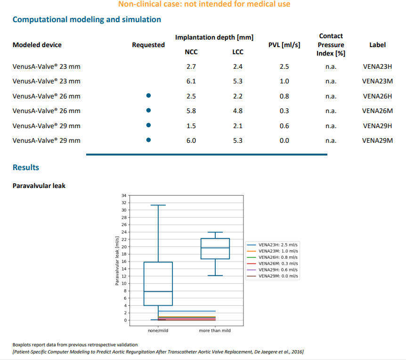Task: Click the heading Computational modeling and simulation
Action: pyautogui.click(x=87, y=20)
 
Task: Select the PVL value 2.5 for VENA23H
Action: pyautogui.click(x=284, y=67)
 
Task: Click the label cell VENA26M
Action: pyautogui.click(x=377, y=111)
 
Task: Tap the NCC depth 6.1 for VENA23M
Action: pyautogui.click(x=191, y=81)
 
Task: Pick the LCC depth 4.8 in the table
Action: pyautogui.click(x=238, y=111)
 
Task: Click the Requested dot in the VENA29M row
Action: pyautogui.click(x=148, y=140)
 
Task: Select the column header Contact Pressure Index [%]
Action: pyautogui.click(x=331, y=45)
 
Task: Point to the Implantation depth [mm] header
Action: pyautogui.click(x=214, y=37)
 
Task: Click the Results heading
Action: pyautogui.click(x=26, y=168)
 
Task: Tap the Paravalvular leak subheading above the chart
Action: pyautogui.click(x=39, y=186)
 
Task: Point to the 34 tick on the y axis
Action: pyautogui.click(x=124, y=195)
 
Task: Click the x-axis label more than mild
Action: pyautogui.click(x=215, y=330)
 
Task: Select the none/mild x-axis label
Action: pyautogui.click(x=158, y=330)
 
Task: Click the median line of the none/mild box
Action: pyautogui.click(x=158, y=292)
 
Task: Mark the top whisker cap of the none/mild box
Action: pyautogui.click(x=158, y=205)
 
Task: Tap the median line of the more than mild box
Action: pyautogui.click(x=215, y=248)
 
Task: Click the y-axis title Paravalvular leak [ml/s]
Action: pyautogui.click(x=117, y=261)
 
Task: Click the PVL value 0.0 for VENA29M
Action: pyautogui.click(x=284, y=140)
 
